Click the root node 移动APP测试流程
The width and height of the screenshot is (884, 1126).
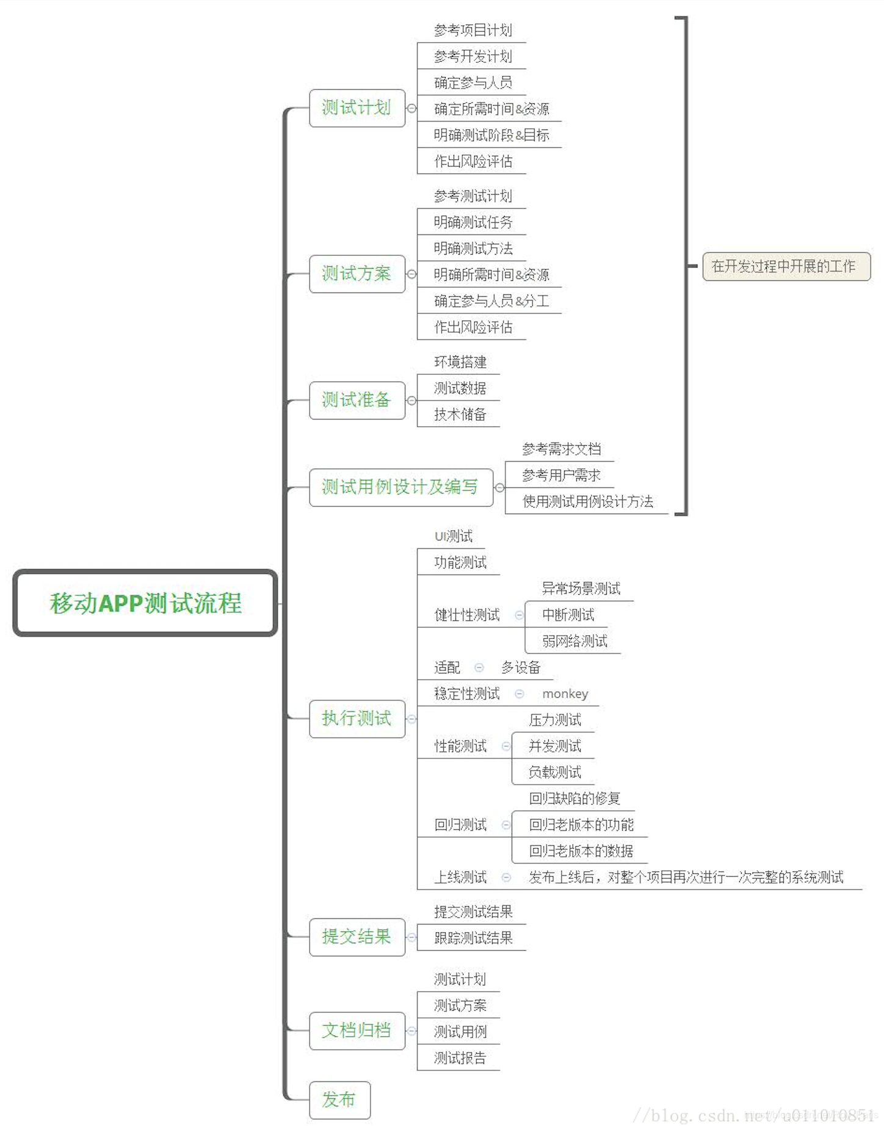point(145,603)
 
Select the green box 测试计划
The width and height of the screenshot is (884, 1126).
point(357,108)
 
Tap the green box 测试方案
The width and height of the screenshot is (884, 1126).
point(357,274)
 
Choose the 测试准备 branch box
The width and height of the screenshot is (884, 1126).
point(357,400)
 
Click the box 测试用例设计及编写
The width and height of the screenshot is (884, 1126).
point(400,487)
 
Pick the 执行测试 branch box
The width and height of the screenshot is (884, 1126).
point(357,719)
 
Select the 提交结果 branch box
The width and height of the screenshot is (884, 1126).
point(357,937)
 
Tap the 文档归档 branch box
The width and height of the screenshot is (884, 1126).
point(357,1031)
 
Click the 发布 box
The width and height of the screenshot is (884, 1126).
point(339,1100)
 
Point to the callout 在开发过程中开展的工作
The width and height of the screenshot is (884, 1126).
point(786,266)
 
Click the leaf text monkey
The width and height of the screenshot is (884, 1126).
point(565,694)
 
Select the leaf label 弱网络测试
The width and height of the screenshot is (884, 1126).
point(574,641)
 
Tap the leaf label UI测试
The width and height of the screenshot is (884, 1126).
point(453,536)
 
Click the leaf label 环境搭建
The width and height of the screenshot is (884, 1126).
point(460,362)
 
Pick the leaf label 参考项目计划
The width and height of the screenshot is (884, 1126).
point(473,30)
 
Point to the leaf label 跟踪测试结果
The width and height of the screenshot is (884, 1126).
point(473,938)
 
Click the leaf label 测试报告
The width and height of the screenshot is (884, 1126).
point(460,1058)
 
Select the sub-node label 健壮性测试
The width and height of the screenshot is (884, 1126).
point(466,615)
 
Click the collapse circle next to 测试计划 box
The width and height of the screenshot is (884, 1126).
point(412,108)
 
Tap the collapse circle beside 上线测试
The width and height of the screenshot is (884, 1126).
point(506,877)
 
